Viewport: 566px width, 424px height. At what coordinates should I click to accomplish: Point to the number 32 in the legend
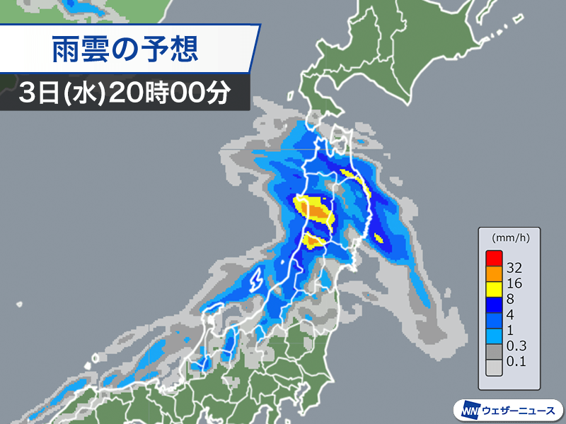point(515,268)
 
